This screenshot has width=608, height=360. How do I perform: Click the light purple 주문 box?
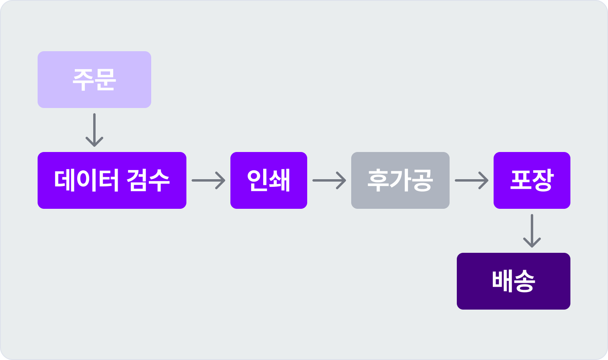click(x=94, y=80)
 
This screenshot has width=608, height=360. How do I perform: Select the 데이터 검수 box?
click(x=112, y=180)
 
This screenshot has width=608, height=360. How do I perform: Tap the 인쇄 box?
click(x=269, y=180)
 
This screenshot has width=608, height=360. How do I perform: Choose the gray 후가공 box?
click(x=400, y=180)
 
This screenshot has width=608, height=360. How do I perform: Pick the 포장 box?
click(x=532, y=180)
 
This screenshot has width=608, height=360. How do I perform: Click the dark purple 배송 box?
click(x=514, y=281)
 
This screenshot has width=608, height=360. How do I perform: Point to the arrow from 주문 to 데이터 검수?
click(x=94, y=130)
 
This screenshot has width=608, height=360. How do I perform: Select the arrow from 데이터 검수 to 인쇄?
click(x=208, y=180)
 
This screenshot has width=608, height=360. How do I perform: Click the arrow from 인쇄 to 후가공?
click(x=329, y=180)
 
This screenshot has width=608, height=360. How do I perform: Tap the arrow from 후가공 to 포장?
click(x=472, y=180)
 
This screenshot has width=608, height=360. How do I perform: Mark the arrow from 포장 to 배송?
click(x=532, y=231)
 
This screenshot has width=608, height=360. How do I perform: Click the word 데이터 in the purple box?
click(x=86, y=180)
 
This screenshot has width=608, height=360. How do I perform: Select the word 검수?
click(x=148, y=180)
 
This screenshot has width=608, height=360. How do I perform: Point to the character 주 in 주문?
click(x=83, y=80)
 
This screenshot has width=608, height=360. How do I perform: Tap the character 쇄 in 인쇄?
click(x=280, y=180)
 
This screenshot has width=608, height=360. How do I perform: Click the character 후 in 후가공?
click(x=378, y=180)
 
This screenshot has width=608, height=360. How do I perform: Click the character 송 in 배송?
click(x=524, y=281)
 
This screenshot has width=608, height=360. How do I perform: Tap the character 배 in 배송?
click(x=502, y=281)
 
